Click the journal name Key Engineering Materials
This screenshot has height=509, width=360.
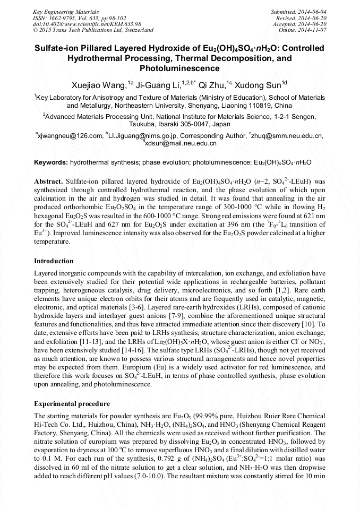65,11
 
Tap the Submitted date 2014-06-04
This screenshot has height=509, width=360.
313,11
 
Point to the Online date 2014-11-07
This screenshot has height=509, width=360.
313,30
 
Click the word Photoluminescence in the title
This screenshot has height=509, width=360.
179,68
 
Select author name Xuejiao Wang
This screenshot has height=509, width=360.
98,85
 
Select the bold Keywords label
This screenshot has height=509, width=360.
51,162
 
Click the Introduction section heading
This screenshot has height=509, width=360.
54,261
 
